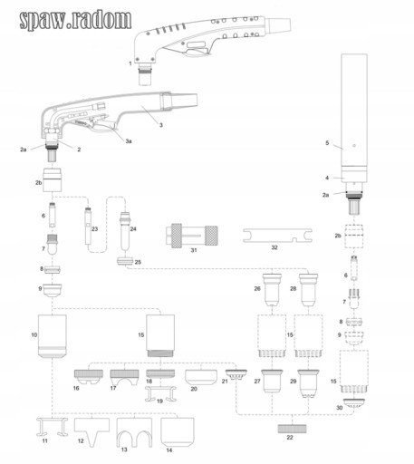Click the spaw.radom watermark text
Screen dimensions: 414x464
point(75,20)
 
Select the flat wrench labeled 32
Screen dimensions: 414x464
point(277,236)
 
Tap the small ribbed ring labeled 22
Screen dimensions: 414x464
point(292,429)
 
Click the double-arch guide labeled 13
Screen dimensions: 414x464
point(134,432)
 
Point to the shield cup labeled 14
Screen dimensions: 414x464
point(178,432)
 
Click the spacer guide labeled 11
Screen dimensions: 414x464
point(52,427)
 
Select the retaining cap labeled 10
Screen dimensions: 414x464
point(53,336)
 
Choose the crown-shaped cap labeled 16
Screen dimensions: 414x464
point(89,377)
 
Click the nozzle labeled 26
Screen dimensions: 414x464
point(272,289)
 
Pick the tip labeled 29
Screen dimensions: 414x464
point(308,383)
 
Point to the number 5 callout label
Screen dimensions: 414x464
point(327,143)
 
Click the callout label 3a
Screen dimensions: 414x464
point(129,141)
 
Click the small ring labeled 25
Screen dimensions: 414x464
point(125,261)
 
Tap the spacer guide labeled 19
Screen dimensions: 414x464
point(160,394)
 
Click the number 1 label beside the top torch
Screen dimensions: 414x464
point(130,63)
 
